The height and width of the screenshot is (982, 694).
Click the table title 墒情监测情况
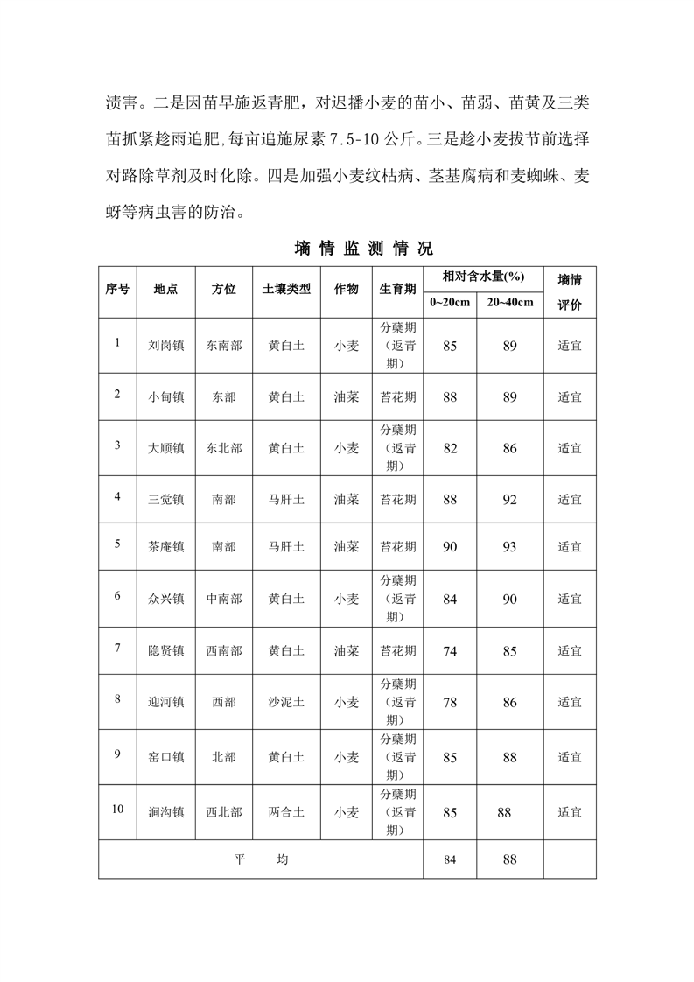point(364,248)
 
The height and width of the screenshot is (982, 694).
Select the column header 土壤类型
point(286,289)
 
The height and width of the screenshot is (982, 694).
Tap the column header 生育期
point(397,289)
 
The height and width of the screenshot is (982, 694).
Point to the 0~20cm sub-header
point(450,303)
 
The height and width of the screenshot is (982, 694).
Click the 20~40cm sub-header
point(510,303)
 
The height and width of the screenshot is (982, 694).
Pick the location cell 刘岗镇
point(166,345)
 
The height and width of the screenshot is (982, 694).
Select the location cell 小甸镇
point(166,396)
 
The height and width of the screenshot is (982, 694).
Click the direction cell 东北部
point(224,448)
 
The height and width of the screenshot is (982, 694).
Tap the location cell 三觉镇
point(166,500)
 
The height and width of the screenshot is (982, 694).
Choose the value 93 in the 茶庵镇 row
point(510,547)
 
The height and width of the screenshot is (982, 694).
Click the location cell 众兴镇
point(166,599)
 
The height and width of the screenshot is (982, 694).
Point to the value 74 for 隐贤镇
point(450,651)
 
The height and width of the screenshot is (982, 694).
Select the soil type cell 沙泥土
point(286,702)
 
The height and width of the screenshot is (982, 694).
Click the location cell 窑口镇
point(166,757)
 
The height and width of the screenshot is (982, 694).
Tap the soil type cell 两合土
point(286,812)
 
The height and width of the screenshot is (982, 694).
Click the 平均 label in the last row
point(261,859)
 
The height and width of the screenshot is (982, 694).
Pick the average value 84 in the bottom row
point(450,859)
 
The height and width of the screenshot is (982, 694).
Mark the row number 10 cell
point(118,808)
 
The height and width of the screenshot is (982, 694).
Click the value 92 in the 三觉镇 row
point(510,500)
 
